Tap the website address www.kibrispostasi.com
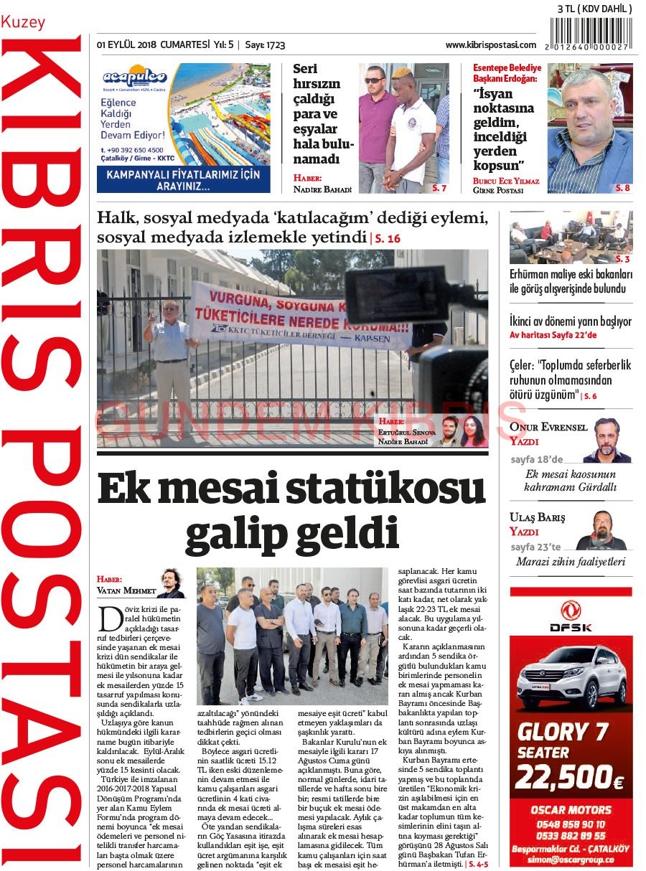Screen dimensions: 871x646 (x=490, y=45)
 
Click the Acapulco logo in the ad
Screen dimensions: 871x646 (x=134, y=77)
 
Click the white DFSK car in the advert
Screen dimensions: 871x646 (x=572, y=677)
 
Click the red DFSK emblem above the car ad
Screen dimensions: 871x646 (x=571, y=610)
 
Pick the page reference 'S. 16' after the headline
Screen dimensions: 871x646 (x=386, y=238)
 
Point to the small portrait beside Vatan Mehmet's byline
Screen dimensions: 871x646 (x=171, y=583)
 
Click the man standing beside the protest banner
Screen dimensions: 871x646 (x=170, y=359)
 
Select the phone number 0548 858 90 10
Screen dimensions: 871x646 (x=570, y=824)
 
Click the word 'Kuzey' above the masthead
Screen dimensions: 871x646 (x=23, y=22)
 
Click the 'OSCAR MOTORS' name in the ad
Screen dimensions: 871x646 (x=571, y=809)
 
